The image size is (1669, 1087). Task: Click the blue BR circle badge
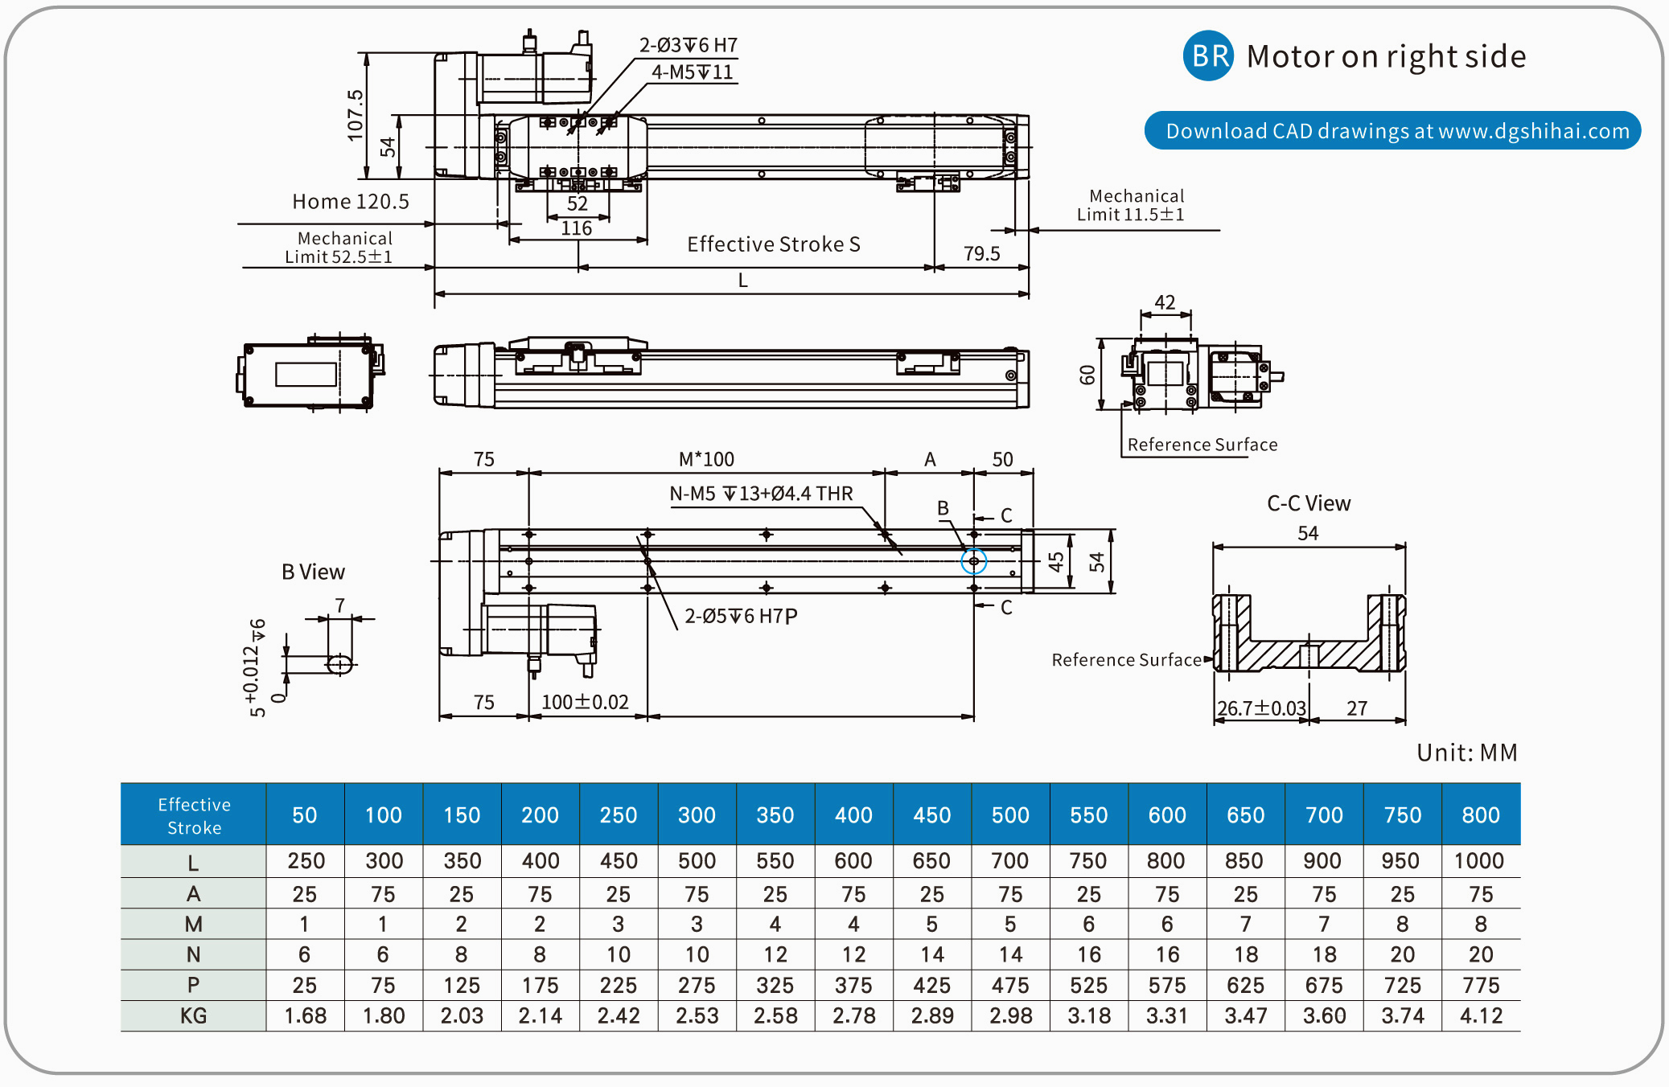1208,55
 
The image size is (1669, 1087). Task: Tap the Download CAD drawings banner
1392,131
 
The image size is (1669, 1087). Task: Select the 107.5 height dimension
355,115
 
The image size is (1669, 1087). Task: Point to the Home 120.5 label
351,201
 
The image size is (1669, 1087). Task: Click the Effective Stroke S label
773,244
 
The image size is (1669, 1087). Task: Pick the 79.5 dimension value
981,254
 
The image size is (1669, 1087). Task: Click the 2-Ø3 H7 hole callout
688,45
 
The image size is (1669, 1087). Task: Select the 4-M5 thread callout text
692,72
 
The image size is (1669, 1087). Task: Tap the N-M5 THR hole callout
761,494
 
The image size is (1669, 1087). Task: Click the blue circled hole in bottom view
973,561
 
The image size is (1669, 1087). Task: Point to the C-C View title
1309,503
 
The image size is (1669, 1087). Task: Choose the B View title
313,572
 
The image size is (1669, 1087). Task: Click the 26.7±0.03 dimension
1260,708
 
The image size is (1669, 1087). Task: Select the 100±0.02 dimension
585,702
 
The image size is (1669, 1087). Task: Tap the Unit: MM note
1466,753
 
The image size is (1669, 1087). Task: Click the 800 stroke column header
1481,815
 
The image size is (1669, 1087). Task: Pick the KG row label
193,1016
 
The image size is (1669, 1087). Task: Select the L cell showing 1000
1479,861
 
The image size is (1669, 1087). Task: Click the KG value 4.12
1481,1016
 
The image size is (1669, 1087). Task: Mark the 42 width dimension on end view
1165,302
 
